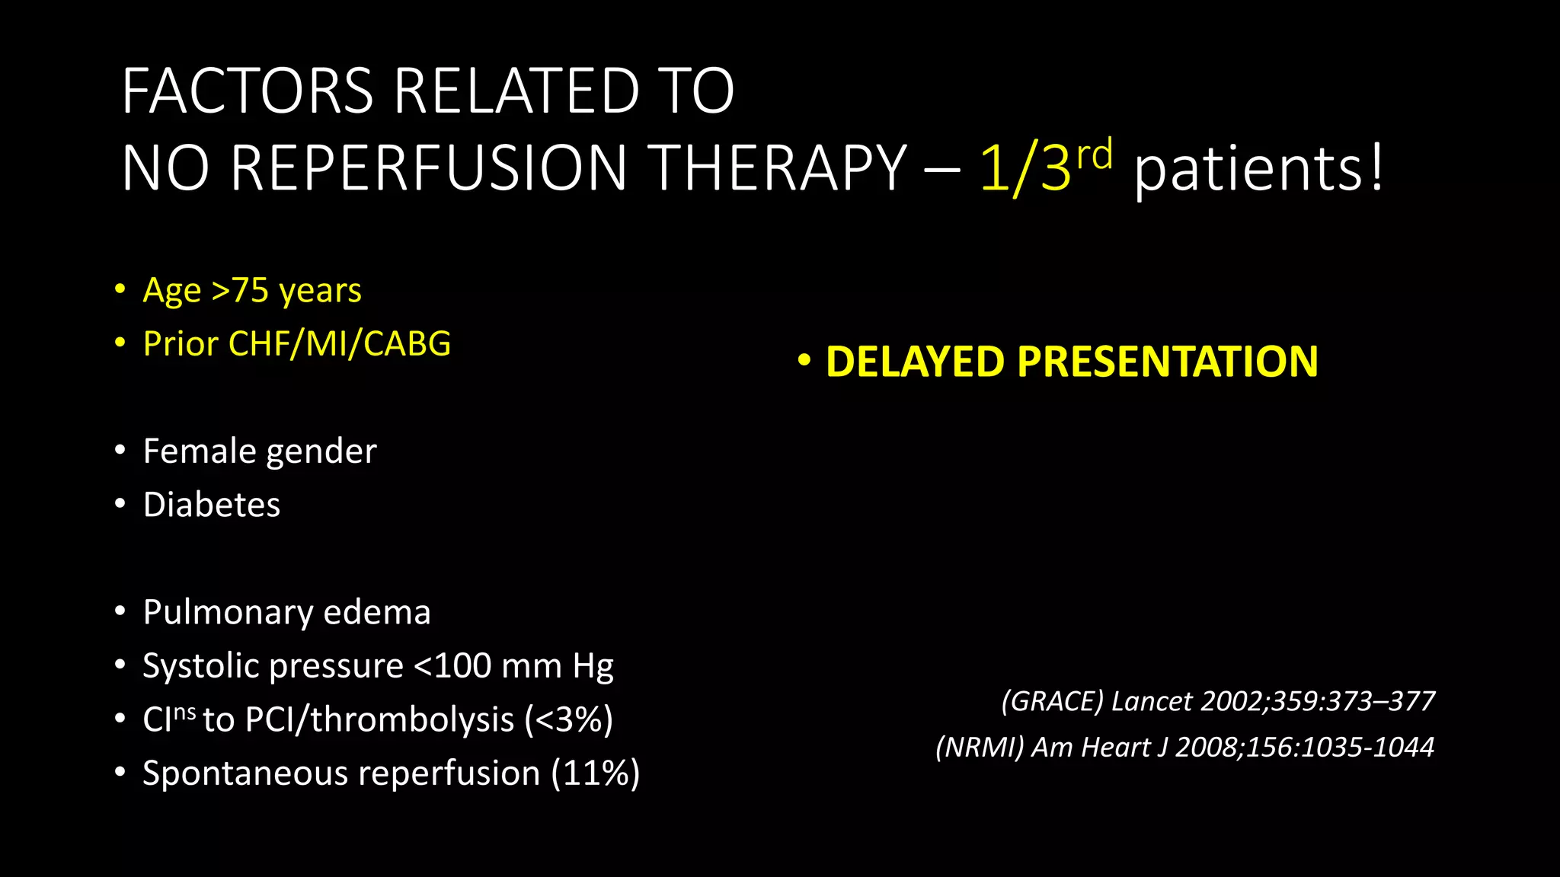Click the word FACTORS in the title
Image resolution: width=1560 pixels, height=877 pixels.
coord(248,91)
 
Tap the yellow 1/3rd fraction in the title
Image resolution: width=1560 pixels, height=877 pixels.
coord(1044,167)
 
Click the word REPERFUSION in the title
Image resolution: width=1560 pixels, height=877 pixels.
coord(427,168)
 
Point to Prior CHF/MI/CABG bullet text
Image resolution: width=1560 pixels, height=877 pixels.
coord(297,344)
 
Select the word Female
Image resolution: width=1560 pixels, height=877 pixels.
coord(198,451)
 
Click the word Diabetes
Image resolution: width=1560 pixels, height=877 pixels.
coord(212,505)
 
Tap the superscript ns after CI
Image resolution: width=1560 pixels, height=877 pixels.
coord(185,712)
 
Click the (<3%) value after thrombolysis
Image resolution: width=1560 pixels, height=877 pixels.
coord(568,720)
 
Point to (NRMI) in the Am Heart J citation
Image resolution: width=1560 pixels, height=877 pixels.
coord(980,748)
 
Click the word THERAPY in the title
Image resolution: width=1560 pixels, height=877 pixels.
coord(780,168)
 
